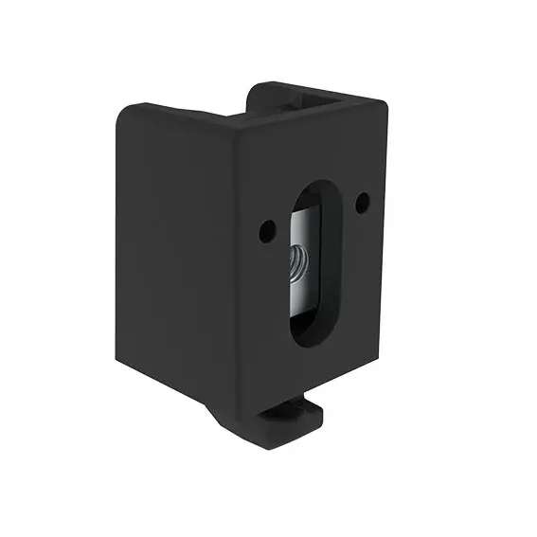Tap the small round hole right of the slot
[x=363, y=201]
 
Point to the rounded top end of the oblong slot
[x=312, y=190]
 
